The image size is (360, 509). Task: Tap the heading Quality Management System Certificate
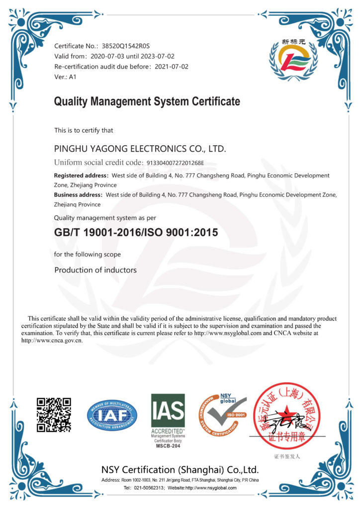[147, 102]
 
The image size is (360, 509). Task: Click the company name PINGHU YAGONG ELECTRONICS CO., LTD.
[140, 149]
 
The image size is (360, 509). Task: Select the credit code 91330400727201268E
[181, 163]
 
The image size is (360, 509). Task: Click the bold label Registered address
[81, 175]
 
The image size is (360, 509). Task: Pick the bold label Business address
[78, 195]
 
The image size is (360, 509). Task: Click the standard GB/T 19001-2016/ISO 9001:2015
[136, 232]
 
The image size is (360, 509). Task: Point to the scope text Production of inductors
[95, 270]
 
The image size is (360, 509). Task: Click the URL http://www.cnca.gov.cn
[52, 340]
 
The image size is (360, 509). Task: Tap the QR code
[54, 415]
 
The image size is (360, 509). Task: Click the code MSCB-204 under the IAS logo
[168, 445]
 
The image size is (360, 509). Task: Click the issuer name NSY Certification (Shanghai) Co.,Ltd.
[180, 470]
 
